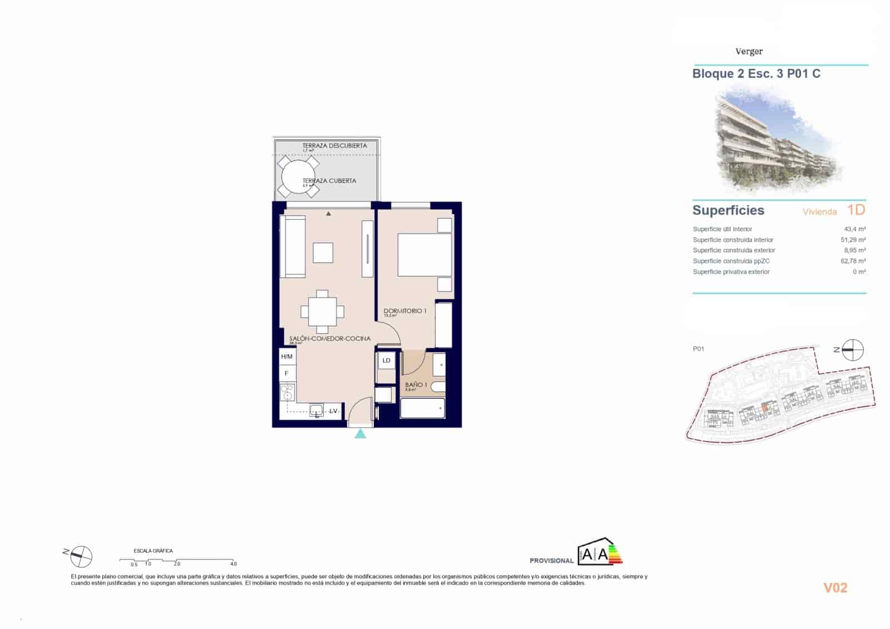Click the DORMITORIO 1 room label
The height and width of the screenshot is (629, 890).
405,311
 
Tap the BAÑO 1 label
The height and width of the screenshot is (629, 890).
416,385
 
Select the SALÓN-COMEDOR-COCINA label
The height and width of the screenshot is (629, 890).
329,339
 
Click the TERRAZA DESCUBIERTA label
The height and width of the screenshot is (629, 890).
334,146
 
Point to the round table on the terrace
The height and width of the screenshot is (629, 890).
298,177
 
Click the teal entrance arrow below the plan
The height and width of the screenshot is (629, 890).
360,433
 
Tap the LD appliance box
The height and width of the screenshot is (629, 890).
386,361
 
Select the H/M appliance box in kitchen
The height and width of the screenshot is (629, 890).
287,356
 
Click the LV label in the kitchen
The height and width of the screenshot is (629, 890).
333,412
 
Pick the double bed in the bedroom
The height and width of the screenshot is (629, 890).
424,255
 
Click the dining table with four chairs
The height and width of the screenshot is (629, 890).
322,311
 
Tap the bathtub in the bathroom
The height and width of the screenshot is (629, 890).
423,408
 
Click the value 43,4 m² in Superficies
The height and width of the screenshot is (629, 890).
854,229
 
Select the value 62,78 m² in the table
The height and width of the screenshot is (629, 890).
853,261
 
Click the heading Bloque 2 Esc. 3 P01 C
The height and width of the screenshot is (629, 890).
756,74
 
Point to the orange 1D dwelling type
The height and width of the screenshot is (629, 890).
856,210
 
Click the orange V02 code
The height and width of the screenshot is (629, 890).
835,588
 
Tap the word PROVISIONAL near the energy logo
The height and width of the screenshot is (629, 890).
551,561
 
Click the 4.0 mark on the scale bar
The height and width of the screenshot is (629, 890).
234,564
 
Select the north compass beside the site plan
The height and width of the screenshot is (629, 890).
852,350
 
